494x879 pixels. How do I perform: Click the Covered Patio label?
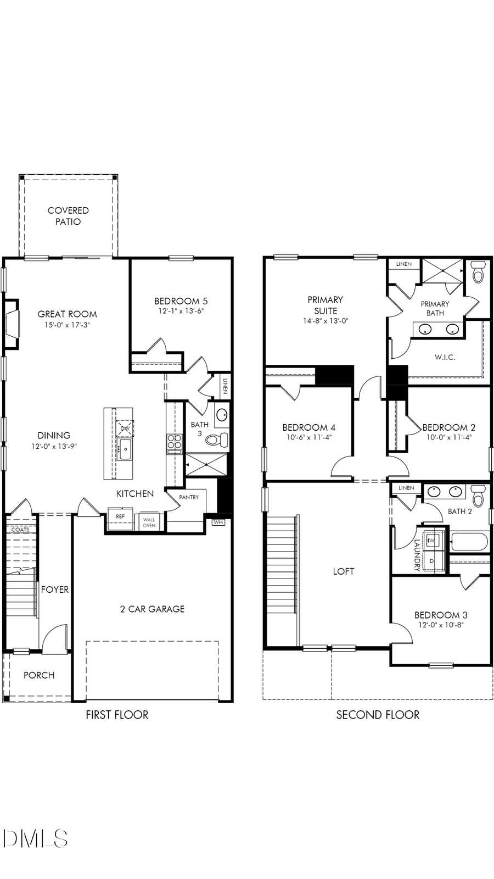pos(68,216)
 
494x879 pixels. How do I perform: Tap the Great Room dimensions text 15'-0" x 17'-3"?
pos(67,325)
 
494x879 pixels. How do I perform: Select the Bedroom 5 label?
pos(181,301)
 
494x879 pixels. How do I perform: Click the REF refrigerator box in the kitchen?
pos(120,518)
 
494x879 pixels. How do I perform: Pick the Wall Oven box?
pos(149,522)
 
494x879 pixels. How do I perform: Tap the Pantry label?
pos(189,497)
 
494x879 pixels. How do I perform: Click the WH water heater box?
pos(218,522)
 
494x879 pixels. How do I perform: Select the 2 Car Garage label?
pos(152,609)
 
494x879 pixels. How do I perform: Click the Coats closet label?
pos(20,530)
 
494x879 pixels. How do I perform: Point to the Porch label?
pos(39,675)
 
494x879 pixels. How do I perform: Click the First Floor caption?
pos(117,715)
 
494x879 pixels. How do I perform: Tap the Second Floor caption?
pos(378,715)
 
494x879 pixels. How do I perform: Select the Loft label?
pos(343,571)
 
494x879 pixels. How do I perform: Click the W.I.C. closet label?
pos(445,357)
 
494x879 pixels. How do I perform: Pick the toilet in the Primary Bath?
pos(478,273)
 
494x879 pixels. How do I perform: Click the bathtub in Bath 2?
pos(469,542)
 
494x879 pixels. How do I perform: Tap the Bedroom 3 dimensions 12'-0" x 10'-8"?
pos(441,625)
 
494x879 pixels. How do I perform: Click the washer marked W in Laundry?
pos(431,541)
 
